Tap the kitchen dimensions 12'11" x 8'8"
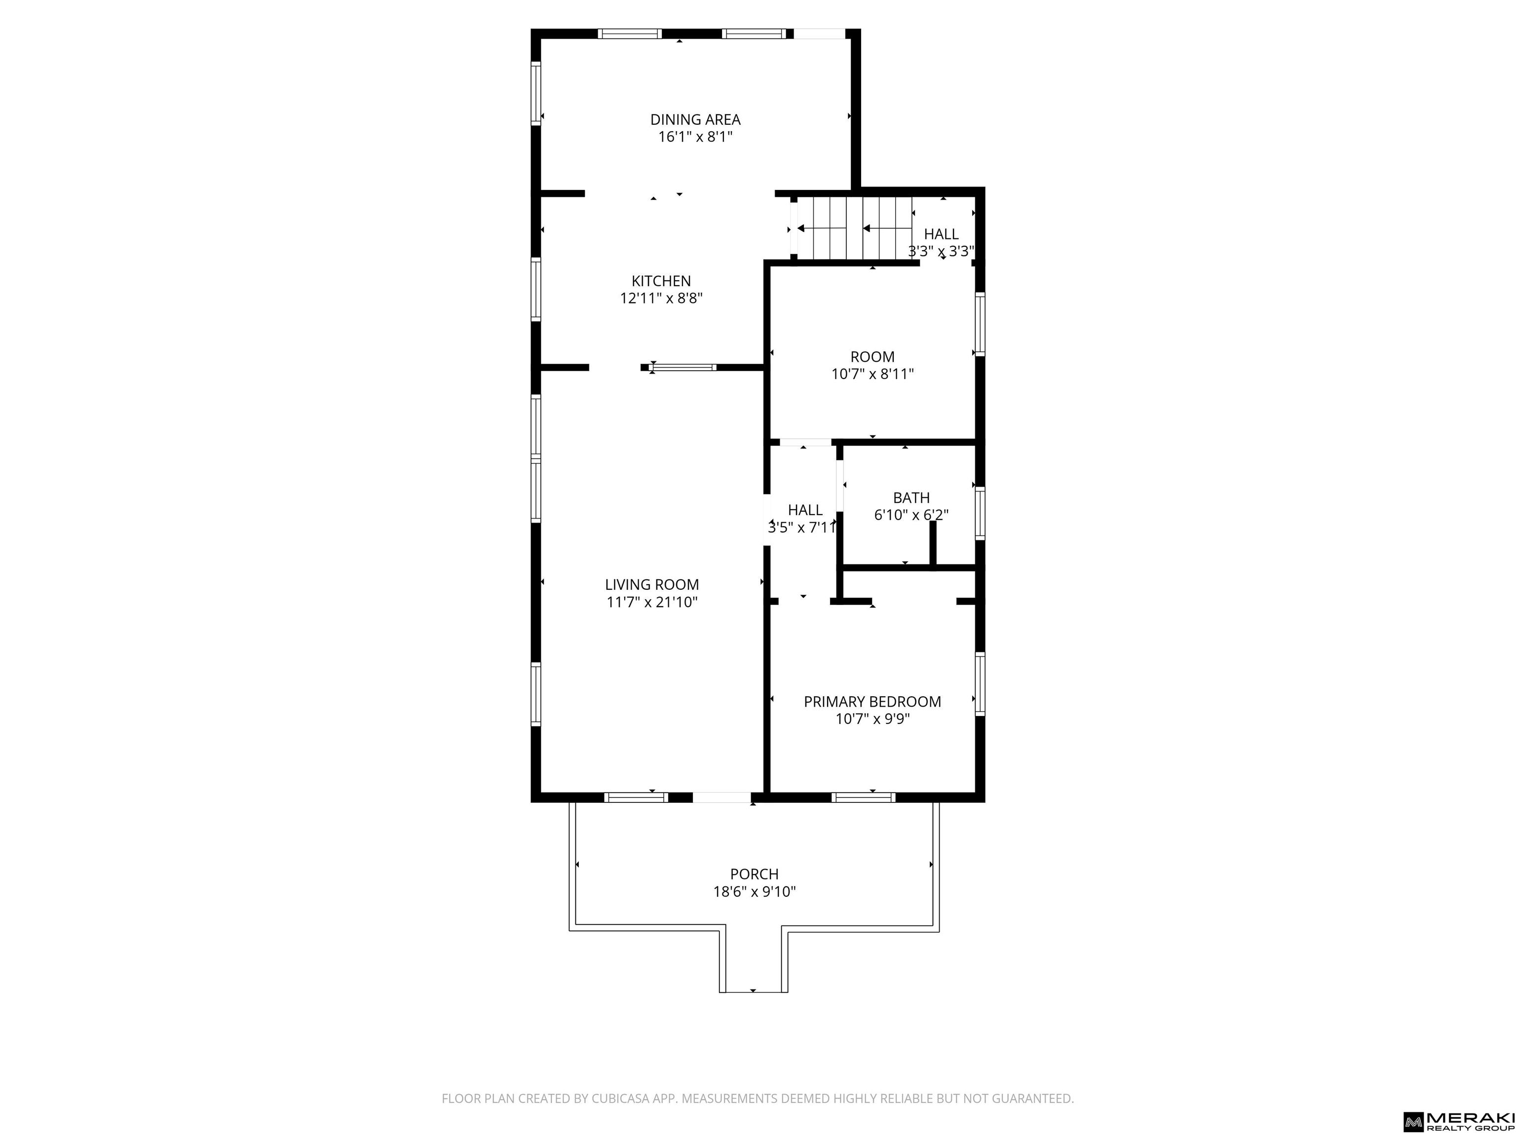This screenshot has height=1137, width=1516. pos(661,298)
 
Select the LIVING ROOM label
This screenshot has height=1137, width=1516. pos(652,585)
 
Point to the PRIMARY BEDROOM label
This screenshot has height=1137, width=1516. pos(872,702)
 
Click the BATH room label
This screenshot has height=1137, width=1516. pos(911,497)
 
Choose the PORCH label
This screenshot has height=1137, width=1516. pos(754,874)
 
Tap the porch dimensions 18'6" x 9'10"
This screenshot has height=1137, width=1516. pos(754,892)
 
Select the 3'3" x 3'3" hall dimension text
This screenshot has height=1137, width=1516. pos(941,251)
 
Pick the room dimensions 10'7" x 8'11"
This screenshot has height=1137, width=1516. pos(872,374)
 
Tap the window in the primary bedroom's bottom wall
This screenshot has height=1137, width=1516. pos(864,797)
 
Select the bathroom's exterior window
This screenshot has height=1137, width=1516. pos(980,513)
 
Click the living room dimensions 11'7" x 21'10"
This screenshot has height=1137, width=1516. pos(652,603)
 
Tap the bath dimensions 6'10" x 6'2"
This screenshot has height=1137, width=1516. pos(911,515)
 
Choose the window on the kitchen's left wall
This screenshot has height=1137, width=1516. pos(536,289)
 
